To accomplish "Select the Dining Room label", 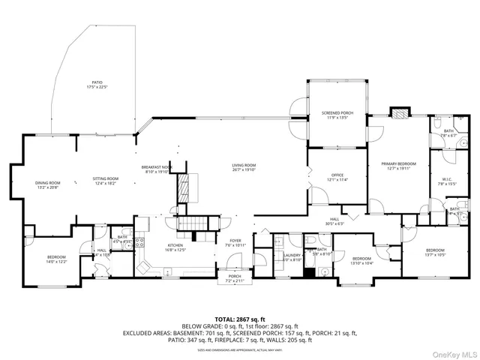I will (47, 181).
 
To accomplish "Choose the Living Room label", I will (244, 166).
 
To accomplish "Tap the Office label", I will (337, 175).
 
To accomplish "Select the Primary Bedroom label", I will (398, 163).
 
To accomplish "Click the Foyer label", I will (235, 241).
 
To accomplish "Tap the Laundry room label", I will (292, 255).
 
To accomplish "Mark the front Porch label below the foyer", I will (235, 277).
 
